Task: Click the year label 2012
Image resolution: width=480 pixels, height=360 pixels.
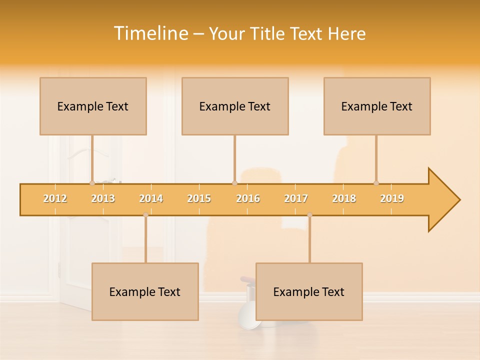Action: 55,198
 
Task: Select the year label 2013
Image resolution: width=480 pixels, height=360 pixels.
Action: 103,198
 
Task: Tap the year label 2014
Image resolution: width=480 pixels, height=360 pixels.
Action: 151,198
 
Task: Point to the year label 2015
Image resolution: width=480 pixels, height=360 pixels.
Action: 199,198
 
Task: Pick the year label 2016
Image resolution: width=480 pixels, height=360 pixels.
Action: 248,198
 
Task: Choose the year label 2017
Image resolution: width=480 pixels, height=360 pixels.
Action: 296,198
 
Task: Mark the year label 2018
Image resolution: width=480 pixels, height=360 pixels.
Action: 344,198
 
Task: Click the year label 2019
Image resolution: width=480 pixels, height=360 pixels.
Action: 392,198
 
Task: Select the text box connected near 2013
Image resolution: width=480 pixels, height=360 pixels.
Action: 93,106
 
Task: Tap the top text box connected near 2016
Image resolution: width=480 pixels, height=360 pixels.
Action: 235,106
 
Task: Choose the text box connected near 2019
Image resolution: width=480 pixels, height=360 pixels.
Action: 377,106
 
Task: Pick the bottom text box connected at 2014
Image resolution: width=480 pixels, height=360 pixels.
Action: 145,291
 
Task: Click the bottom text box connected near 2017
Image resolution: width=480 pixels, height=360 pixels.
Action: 309,291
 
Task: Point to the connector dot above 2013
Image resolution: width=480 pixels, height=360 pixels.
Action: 92,183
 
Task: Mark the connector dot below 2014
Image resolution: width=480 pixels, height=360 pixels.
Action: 145,215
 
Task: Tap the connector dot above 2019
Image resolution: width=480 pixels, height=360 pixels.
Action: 376,183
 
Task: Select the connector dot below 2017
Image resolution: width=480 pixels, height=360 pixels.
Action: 309,215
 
